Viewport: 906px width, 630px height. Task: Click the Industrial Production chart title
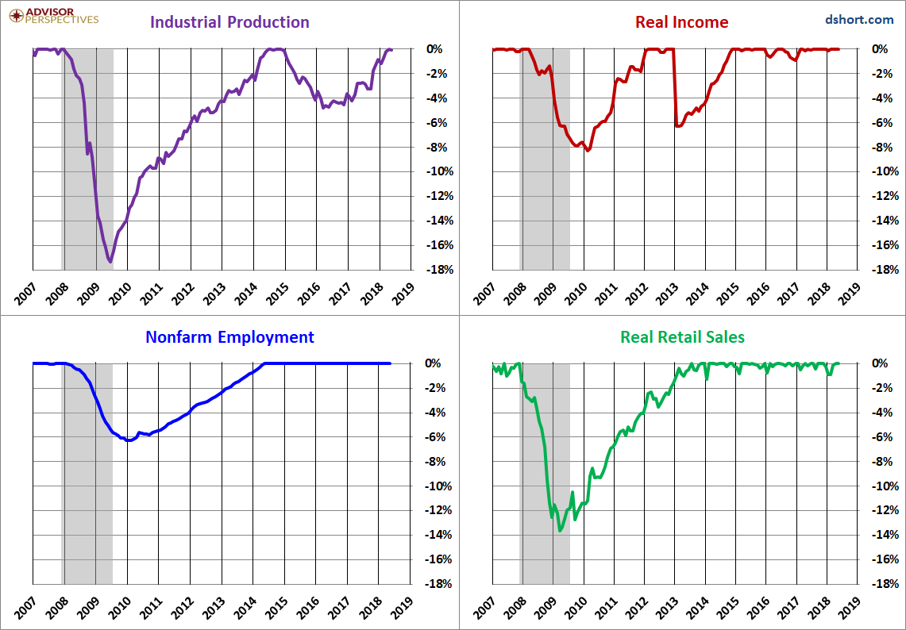[x=229, y=22]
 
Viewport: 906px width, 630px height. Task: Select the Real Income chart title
[x=682, y=22]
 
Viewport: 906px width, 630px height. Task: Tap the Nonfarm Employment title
[x=230, y=336]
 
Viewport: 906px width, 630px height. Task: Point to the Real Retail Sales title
[x=682, y=336]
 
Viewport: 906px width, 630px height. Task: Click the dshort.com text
[x=859, y=20]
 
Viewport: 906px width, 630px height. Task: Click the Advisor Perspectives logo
[x=54, y=16]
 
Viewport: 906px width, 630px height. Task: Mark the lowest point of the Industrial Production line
[x=110, y=262]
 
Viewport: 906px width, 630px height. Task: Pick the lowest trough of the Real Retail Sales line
[x=560, y=530]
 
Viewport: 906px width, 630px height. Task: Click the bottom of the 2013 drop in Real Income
[x=678, y=126]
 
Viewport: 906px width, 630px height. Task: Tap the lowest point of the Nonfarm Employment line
[x=129, y=440]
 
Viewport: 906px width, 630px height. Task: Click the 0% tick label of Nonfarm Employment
[x=434, y=363]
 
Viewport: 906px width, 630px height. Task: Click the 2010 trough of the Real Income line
[x=588, y=150]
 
